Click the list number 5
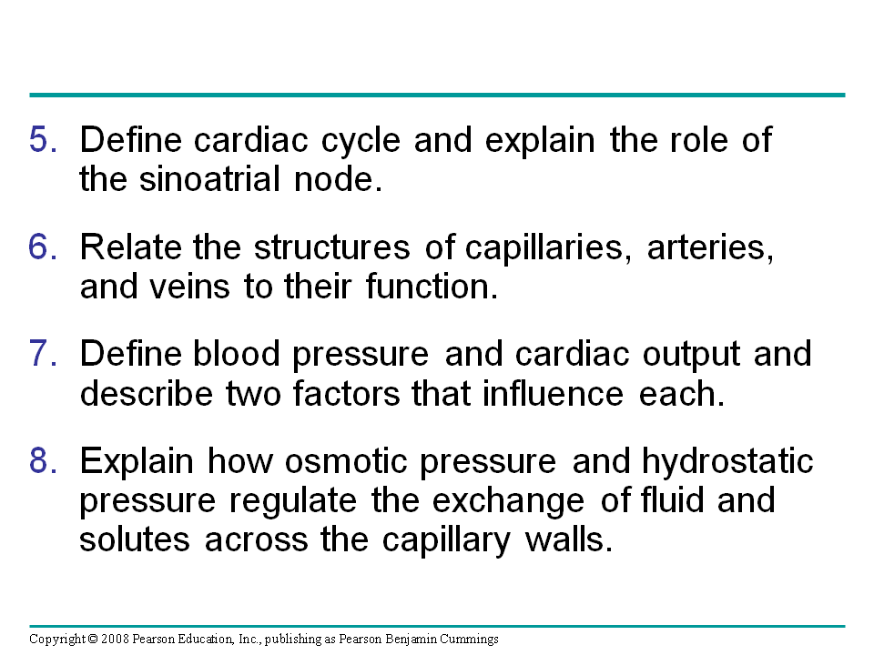coord(43,139)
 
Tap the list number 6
coord(43,247)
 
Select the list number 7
coord(43,354)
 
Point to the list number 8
coord(43,461)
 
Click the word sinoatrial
coord(209,179)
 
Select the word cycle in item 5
coord(361,140)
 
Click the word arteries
coord(710,247)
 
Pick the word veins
coord(189,287)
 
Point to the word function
coord(432,287)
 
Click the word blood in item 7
coord(237,353)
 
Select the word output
coord(691,355)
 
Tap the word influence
coord(553,393)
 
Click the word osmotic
coord(346,461)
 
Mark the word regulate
coord(293,501)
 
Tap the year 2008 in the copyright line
coord(115,639)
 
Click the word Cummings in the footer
coord(469,640)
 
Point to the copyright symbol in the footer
coord(93,639)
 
